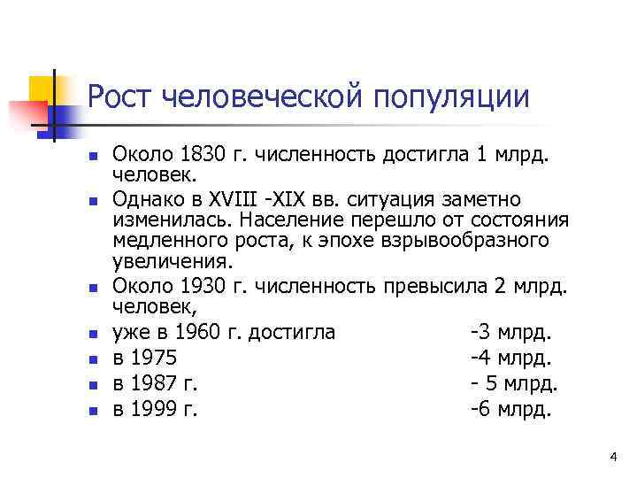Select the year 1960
point(201,332)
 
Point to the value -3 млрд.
point(511,332)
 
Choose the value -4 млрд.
point(511,358)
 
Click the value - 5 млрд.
point(513,384)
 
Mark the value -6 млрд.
point(511,410)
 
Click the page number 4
point(613,457)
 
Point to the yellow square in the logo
point(41,89)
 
